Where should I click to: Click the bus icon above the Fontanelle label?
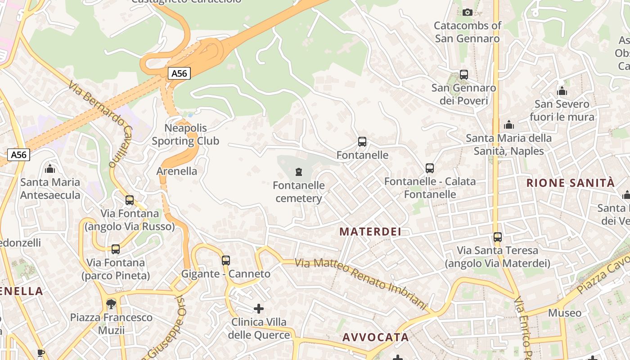[362, 142]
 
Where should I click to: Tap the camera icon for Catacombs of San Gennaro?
[468, 12]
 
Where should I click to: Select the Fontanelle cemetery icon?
[298, 171]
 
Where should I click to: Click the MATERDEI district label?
[370, 232]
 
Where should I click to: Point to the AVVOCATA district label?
[376, 337]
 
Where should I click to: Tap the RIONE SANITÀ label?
[570, 183]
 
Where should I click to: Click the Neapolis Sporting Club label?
[185, 135]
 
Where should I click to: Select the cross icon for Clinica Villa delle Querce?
[259, 309]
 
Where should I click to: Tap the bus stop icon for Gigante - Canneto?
[226, 260]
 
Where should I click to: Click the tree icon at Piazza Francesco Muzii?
[111, 304]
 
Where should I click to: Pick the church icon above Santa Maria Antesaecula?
[50, 169]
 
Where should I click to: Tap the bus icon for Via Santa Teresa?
[498, 237]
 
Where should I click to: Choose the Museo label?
[565, 313]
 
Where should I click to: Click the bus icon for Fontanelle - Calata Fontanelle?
[430, 168]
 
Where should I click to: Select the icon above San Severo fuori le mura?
[562, 91]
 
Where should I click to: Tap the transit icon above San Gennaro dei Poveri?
[464, 74]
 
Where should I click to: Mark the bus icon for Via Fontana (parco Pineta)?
[116, 249]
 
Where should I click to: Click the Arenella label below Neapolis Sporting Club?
[177, 171]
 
